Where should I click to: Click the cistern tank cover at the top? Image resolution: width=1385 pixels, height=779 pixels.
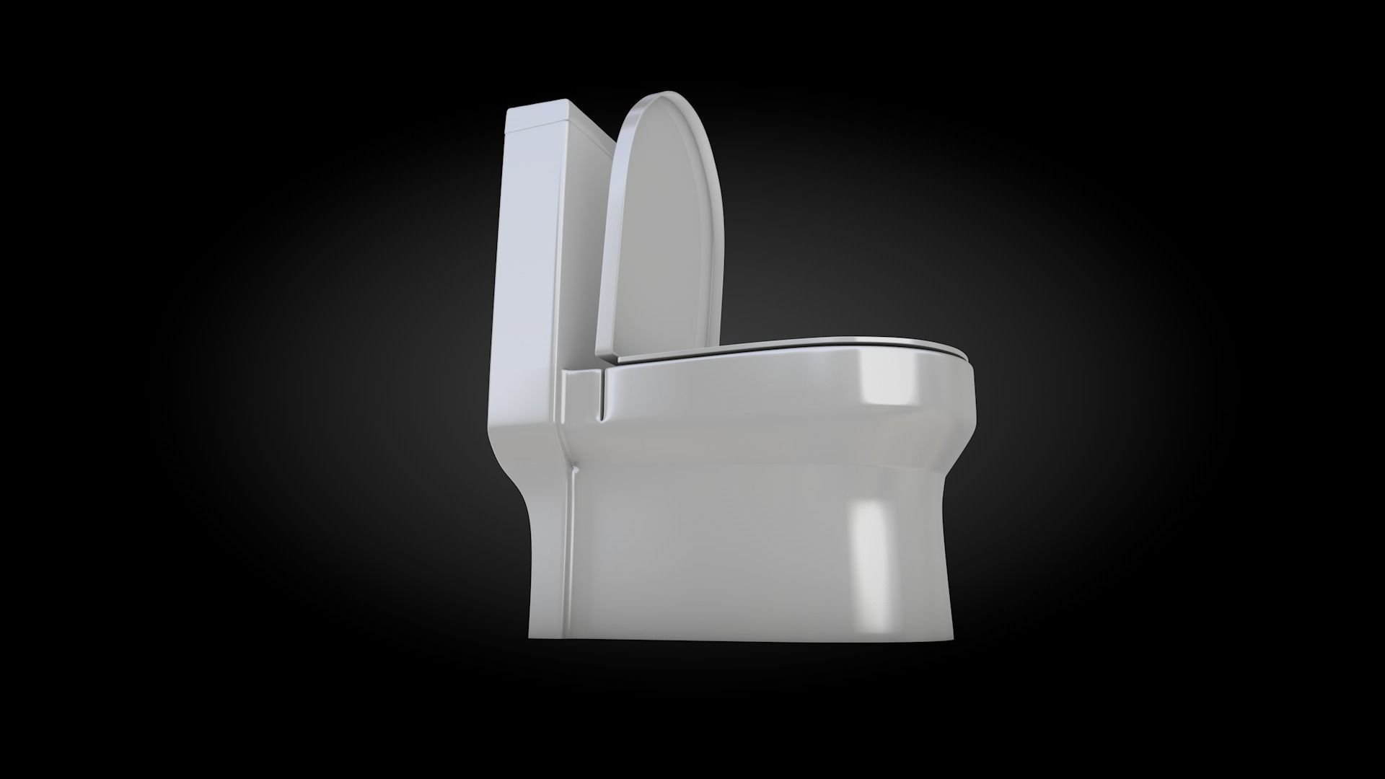tap(537, 115)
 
